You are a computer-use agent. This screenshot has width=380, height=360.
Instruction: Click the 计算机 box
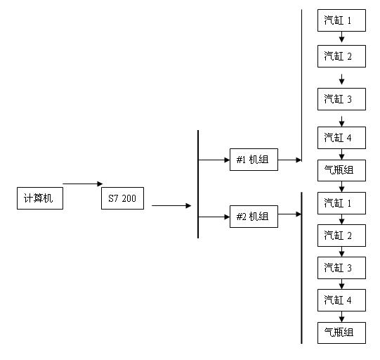click(x=40, y=198)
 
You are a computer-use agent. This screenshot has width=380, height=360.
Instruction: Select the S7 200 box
click(x=122, y=198)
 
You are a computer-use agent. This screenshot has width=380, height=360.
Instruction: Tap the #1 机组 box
click(x=254, y=160)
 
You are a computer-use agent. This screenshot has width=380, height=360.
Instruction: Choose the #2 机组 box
click(x=254, y=217)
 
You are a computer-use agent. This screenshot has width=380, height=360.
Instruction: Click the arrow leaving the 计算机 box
click(x=83, y=184)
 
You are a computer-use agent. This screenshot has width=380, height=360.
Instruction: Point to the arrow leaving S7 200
click(x=171, y=206)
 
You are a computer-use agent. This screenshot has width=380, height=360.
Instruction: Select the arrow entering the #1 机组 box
click(x=214, y=160)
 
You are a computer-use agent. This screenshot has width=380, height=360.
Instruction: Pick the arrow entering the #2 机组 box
click(x=214, y=217)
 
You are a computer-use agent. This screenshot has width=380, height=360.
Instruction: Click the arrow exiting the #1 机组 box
click(x=289, y=160)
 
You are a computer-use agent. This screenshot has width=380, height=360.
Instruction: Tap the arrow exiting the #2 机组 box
click(x=289, y=214)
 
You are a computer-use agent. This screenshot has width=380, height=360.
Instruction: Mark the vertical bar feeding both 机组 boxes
click(x=198, y=184)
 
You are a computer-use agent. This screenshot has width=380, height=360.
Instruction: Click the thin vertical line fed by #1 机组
click(x=301, y=85)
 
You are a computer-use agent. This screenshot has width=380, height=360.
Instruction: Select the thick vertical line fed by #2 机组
click(x=301, y=268)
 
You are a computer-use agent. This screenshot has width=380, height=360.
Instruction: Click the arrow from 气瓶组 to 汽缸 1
click(x=341, y=186)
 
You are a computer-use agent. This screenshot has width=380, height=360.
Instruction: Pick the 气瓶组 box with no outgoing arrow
click(x=341, y=333)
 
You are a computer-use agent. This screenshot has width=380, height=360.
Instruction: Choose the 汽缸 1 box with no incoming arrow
click(x=341, y=20)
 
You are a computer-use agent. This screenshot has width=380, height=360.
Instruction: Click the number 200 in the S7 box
click(x=129, y=198)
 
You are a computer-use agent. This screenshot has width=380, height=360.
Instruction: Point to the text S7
click(x=113, y=198)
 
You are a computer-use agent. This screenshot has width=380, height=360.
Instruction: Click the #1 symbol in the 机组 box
click(x=241, y=160)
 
